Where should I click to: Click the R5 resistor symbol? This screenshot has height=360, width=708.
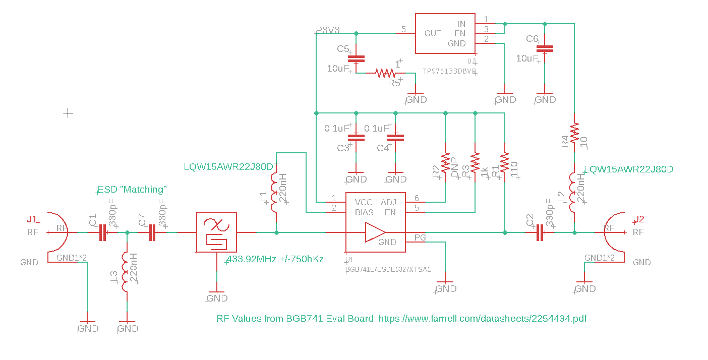coord(386,73)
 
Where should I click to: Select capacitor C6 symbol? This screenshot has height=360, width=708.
coord(545,49)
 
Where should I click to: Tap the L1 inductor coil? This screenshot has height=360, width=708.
coord(276,193)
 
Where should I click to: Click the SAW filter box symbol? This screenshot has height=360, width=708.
coord(216,232)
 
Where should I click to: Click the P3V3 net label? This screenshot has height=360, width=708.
coord(328,30)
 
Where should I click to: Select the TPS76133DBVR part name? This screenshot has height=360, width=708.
coord(449,72)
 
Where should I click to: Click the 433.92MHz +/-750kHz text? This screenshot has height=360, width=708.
coord(275,259)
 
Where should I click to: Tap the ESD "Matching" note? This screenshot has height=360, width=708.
coord(132,190)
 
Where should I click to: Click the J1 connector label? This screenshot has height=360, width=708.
coord(32,219)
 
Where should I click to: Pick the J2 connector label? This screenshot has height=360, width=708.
coord(639,219)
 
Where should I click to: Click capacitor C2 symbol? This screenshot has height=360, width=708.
coord(540,232)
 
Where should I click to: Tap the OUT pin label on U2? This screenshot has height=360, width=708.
coord(433,33)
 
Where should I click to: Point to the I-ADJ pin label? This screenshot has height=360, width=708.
coord(387,202)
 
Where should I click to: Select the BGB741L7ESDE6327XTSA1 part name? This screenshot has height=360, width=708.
coord(388,269)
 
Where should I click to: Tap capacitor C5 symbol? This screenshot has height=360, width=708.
coord(357,58)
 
